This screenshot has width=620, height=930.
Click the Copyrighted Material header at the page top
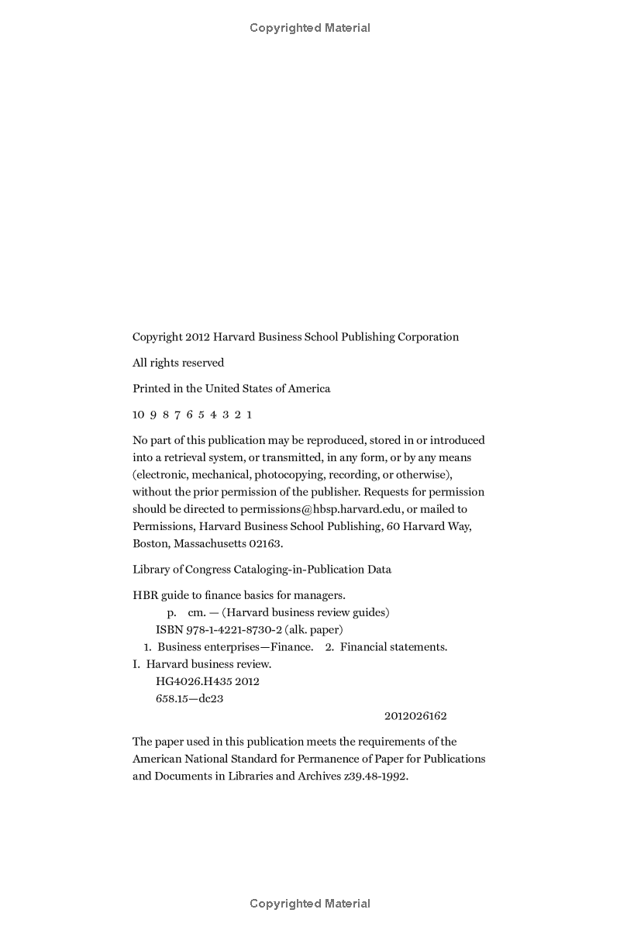coord(310,28)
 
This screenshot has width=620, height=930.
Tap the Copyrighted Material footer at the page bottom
coord(310,904)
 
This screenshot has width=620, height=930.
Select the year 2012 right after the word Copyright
coord(197,337)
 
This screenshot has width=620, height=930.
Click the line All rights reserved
coord(178,363)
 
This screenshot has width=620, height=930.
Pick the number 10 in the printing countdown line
coord(139,415)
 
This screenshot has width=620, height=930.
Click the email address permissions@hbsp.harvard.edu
coord(321,509)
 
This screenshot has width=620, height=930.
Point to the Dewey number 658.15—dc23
coord(190,698)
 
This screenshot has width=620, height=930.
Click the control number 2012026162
coord(415,716)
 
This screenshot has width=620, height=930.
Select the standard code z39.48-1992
coord(376,776)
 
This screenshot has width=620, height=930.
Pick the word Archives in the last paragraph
coord(317,776)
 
